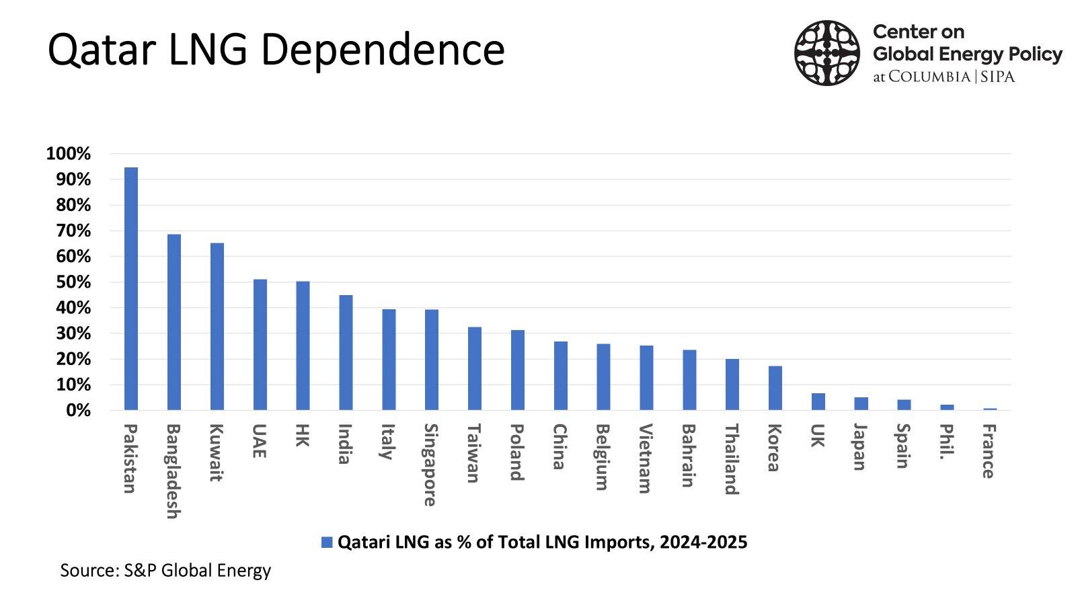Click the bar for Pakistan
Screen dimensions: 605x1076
pos(131,289)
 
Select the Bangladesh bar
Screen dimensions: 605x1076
pos(174,323)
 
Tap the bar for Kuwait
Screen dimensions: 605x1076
pos(217,327)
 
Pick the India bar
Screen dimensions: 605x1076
pos(346,353)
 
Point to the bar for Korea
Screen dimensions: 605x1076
pos(775,388)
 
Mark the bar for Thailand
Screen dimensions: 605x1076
pos(732,385)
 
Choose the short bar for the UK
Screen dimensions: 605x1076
pos(818,402)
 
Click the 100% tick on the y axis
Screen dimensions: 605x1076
pos(68,154)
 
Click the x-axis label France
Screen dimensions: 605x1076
pos(988,451)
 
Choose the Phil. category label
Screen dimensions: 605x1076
pos(946,442)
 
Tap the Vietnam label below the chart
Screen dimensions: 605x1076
pos(645,458)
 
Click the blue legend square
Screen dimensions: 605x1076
pos(327,542)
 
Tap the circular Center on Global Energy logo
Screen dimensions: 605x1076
pos(827,52)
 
